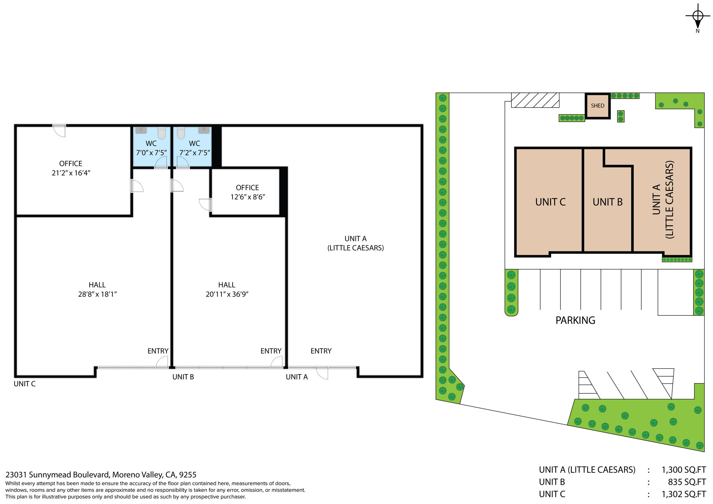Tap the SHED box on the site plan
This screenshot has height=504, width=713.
(x=597, y=106)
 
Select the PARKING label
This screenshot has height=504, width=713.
(x=575, y=320)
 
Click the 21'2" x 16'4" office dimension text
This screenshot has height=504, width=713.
(x=71, y=173)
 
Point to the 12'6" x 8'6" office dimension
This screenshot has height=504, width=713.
(x=248, y=197)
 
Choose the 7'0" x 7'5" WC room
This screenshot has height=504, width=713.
(x=151, y=147)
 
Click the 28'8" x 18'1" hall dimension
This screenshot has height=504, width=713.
(x=97, y=294)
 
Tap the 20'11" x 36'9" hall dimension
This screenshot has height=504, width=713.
(x=227, y=294)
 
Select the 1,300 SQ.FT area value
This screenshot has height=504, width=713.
(x=683, y=470)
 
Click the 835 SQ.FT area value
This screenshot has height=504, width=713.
(x=687, y=482)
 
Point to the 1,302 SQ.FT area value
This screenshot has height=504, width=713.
(x=683, y=494)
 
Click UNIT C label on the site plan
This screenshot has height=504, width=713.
(x=550, y=202)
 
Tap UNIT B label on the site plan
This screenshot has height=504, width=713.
(x=608, y=202)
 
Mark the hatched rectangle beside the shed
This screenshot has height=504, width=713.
(x=535, y=100)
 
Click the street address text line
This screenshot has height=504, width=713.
(x=101, y=475)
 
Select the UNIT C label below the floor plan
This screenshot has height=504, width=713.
(x=24, y=384)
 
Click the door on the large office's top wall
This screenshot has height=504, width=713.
(x=59, y=130)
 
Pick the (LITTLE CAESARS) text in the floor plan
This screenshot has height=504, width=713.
(x=355, y=248)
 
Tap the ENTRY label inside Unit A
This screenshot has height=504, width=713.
(x=321, y=351)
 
